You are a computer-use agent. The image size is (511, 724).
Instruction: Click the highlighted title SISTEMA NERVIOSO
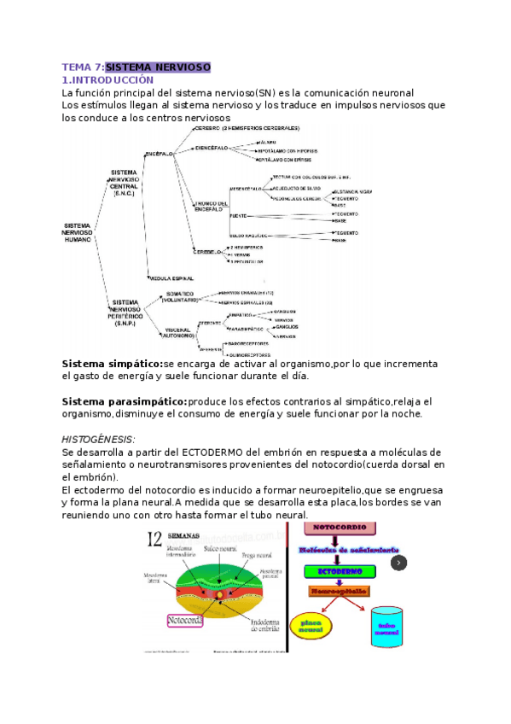click(158, 67)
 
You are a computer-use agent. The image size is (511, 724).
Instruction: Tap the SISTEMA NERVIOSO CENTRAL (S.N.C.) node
click(130, 182)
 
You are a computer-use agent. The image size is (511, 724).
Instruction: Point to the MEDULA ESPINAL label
click(171, 278)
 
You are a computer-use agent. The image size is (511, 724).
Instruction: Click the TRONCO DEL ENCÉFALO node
click(210, 206)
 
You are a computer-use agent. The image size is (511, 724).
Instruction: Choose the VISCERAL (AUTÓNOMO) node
click(179, 332)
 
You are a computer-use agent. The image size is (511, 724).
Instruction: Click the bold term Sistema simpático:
click(112, 364)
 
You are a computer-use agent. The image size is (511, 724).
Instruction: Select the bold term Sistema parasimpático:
click(125, 401)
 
